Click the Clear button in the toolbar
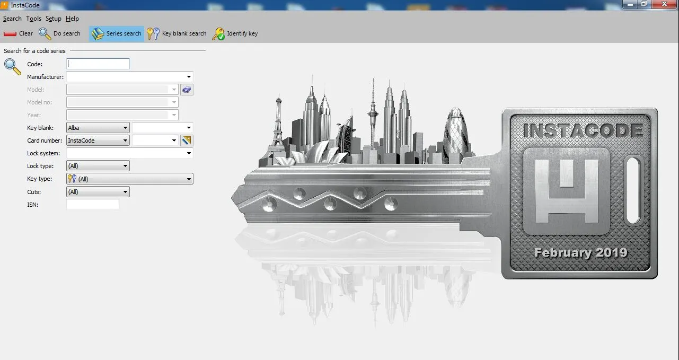pos(18,33)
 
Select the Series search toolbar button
pos(117,33)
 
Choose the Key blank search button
pos(177,33)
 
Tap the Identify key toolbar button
pos(235,33)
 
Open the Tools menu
pos(33,19)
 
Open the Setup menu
pos(54,19)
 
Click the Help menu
pos(72,19)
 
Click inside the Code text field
pos(98,64)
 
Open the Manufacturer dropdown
pos(130,77)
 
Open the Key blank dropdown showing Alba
pos(98,128)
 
